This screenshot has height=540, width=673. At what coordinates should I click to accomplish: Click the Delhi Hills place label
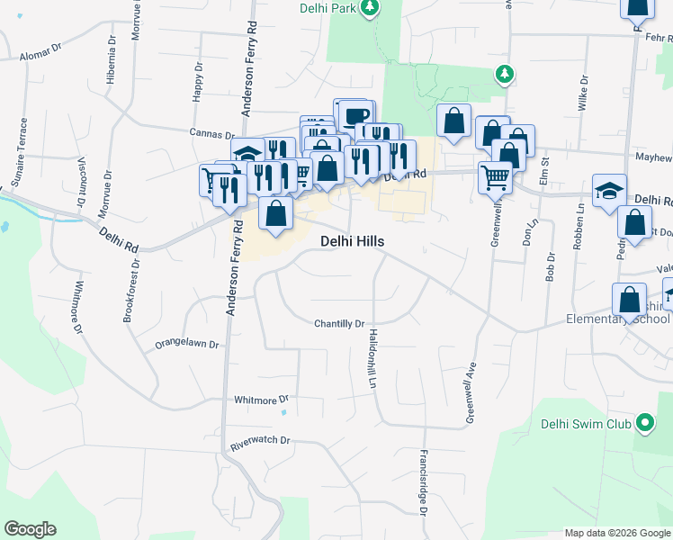point(353,242)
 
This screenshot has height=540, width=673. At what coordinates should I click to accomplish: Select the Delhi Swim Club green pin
point(644,422)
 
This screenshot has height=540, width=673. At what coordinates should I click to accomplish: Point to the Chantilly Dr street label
point(339,324)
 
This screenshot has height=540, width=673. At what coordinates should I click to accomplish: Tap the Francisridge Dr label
point(423,481)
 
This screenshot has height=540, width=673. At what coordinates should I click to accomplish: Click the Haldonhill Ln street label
point(371,358)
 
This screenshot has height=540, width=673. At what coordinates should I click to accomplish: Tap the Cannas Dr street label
point(212,133)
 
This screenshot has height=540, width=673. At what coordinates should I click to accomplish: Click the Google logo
point(30,529)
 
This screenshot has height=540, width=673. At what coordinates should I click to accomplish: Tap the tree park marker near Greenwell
point(506,74)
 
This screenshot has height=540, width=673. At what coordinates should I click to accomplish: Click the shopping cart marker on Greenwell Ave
point(495,176)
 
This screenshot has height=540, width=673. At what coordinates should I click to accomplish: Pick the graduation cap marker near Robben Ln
point(609,190)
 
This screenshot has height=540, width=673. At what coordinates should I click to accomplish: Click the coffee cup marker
point(356,115)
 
